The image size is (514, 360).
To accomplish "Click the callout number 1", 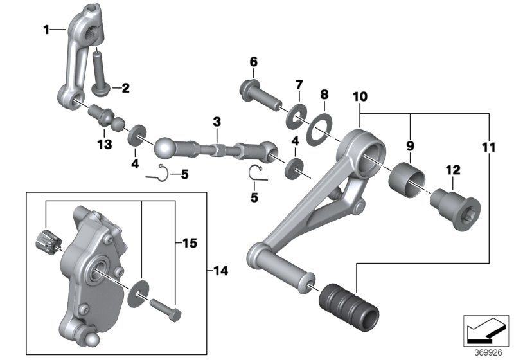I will pos(46,29).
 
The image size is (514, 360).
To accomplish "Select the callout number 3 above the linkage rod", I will pos(217,122).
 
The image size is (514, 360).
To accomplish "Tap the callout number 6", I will pos(253,62).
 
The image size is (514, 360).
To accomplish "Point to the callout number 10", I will pos(360,96).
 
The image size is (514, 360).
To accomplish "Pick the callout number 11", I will pos(488,148).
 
